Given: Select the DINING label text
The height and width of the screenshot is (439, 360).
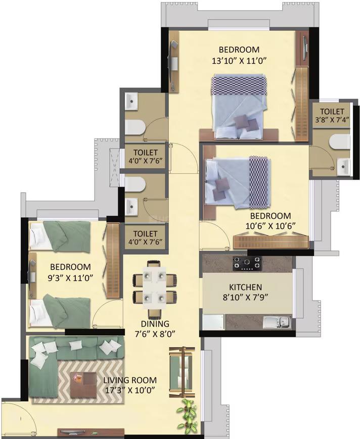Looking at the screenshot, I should tap(156, 324).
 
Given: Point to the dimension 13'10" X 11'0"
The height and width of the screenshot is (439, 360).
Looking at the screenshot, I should tap(239, 60).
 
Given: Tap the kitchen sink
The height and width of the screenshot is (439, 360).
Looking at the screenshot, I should tap(278, 321).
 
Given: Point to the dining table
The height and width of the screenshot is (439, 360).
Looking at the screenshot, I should tap(155, 286).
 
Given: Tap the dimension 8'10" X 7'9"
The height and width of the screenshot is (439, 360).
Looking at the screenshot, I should tap(247, 297).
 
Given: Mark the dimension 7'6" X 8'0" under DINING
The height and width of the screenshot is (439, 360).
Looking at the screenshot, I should tap(156, 333).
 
